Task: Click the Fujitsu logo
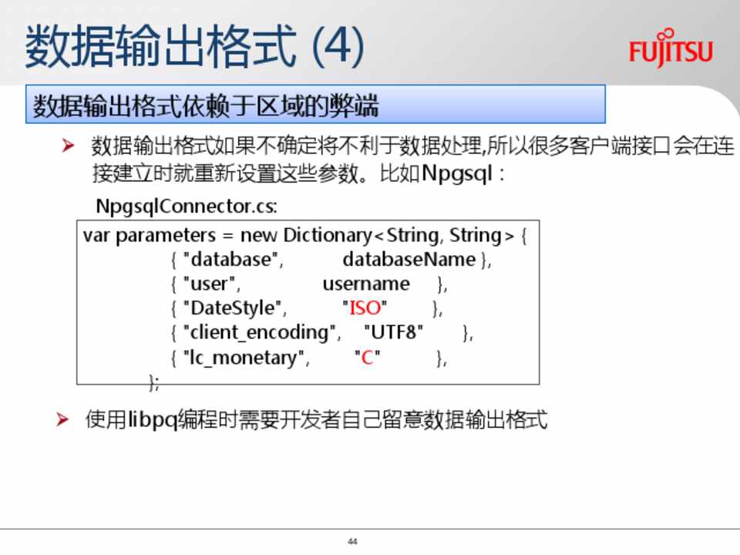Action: (671, 48)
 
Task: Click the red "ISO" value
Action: (365, 308)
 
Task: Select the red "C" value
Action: (368, 357)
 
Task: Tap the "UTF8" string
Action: (394, 332)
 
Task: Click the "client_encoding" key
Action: (259, 333)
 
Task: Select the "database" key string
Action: (230, 259)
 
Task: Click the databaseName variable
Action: (409, 259)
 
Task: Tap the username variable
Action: (366, 284)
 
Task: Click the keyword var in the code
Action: (96, 236)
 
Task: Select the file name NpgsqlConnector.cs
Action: (187, 207)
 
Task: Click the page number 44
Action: (352, 541)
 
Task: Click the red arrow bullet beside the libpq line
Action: (62, 419)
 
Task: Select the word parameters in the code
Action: (166, 236)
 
